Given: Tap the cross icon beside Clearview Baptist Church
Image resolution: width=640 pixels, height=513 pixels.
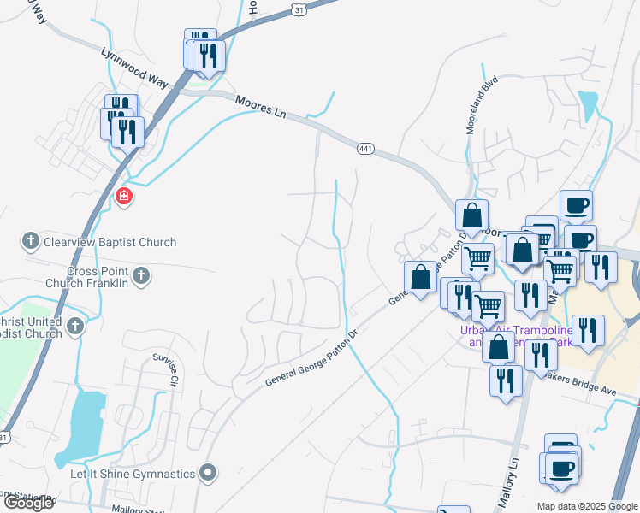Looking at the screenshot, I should click(x=31, y=242).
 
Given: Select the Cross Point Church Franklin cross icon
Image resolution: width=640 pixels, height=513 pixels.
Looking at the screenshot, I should click(x=141, y=277).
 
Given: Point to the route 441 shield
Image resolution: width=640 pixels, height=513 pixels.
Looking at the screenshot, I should click(x=365, y=150).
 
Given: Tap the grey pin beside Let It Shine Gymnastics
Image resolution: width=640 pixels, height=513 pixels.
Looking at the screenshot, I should click(x=208, y=472).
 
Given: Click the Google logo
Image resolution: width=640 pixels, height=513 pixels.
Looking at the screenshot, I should click(x=28, y=503).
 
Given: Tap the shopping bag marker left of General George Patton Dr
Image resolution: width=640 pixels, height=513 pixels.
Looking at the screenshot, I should click(x=420, y=278).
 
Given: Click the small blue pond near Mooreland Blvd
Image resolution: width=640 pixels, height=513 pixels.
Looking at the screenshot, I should click(x=588, y=105).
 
